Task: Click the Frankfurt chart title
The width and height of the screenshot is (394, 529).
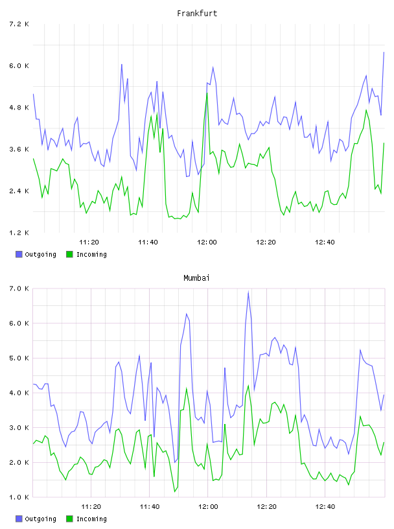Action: pyautogui.click(x=197, y=14)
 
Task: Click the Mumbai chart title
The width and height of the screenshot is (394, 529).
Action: pyautogui.click(x=196, y=278)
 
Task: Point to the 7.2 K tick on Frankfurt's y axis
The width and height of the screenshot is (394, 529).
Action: pyautogui.click(x=19, y=24)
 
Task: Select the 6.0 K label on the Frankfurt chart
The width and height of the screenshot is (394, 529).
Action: pyautogui.click(x=19, y=65)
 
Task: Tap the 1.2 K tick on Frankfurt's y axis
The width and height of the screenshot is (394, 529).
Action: pyautogui.click(x=19, y=233)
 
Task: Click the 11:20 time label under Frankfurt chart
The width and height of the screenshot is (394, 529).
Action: pyautogui.click(x=89, y=242)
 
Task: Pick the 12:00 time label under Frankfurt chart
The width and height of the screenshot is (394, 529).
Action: pyautogui.click(x=207, y=242)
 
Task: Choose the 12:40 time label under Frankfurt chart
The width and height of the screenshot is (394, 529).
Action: pyautogui.click(x=325, y=242)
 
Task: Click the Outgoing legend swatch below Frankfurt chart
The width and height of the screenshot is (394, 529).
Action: pyautogui.click(x=19, y=254)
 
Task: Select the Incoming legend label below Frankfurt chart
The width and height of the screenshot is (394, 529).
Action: pyautogui.click(x=91, y=254)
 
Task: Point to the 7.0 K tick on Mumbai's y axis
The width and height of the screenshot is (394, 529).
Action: pyautogui.click(x=19, y=288)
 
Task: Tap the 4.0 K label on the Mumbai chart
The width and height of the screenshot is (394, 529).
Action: pyautogui.click(x=19, y=393)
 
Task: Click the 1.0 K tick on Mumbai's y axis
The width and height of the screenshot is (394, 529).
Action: pyautogui.click(x=19, y=497)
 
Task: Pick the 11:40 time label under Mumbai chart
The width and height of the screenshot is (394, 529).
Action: pyautogui.click(x=150, y=507)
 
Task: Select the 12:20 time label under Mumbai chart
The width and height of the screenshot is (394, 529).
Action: pyautogui.click(x=266, y=507)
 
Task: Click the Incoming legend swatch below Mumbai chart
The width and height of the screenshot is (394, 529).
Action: pyautogui.click(x=69, y=519)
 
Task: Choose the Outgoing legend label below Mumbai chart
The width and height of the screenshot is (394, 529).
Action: pyautogui.click(x=40, y=519)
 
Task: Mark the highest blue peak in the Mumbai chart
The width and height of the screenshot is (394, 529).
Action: pyautogui.click(x=248, y=292)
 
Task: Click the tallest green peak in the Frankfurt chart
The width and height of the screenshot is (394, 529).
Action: pyautogui.click(x=207, y=93)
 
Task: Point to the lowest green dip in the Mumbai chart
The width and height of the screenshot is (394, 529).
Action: pyautogui.click(x=175, y=491)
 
